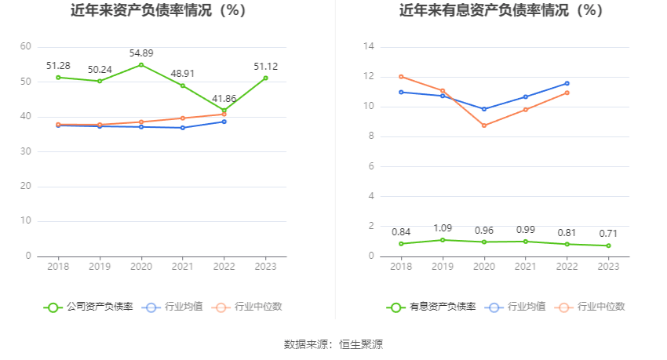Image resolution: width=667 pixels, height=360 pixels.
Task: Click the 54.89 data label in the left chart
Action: click(141, 53)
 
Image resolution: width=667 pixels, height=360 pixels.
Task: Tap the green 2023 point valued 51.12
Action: click(266, 78)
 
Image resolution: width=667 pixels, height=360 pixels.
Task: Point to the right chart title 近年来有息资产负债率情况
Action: click(501, 11)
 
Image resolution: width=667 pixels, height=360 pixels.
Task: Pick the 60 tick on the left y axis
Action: click(26, 47)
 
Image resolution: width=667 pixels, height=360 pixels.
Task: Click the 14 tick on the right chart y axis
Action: click(368, 47)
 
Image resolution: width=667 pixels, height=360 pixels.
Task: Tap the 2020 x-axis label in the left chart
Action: click(141, 267)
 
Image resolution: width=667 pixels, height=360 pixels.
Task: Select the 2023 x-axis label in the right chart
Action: click(608, 267)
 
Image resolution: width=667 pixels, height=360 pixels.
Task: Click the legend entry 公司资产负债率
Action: click(89, 307)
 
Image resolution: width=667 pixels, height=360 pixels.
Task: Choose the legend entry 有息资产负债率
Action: click(432, 307)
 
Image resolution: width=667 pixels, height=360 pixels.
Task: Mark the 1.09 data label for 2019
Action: click(443, 228)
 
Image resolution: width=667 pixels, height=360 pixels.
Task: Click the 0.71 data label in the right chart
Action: click(608, 234)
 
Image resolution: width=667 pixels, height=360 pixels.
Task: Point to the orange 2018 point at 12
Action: click(401, 77)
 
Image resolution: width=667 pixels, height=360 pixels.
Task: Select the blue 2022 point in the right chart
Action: click(567, 83)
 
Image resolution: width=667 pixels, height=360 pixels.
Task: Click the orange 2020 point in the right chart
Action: click(484, 125)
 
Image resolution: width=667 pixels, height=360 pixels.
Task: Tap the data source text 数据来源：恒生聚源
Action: click(333, 344)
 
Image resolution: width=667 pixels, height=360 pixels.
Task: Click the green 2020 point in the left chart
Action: click(141, 64)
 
